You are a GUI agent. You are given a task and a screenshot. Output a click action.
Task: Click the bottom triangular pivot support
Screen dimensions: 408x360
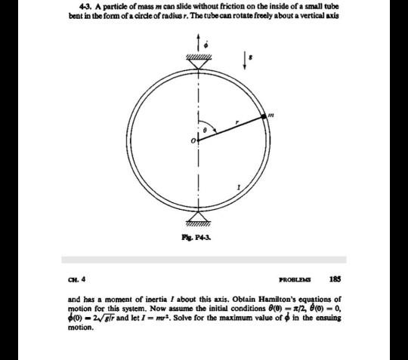point(199,217)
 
